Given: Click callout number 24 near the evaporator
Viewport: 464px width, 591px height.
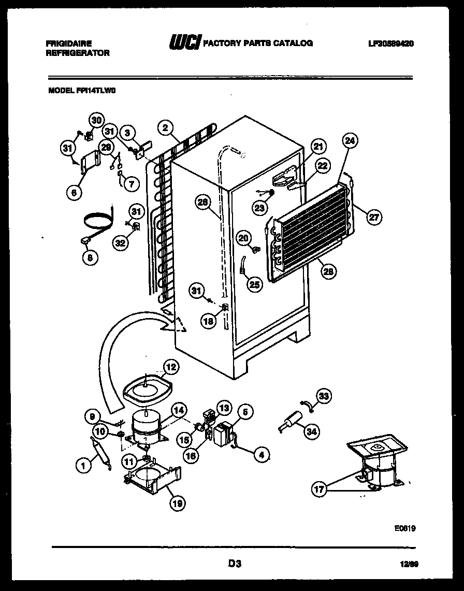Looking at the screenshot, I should coord(351,141).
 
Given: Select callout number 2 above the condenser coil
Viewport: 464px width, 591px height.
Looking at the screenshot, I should coord(165,128).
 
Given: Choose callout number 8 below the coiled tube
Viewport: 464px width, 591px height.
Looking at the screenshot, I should coord(90,257).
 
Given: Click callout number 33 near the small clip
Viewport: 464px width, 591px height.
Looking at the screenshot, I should coord(324,397).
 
